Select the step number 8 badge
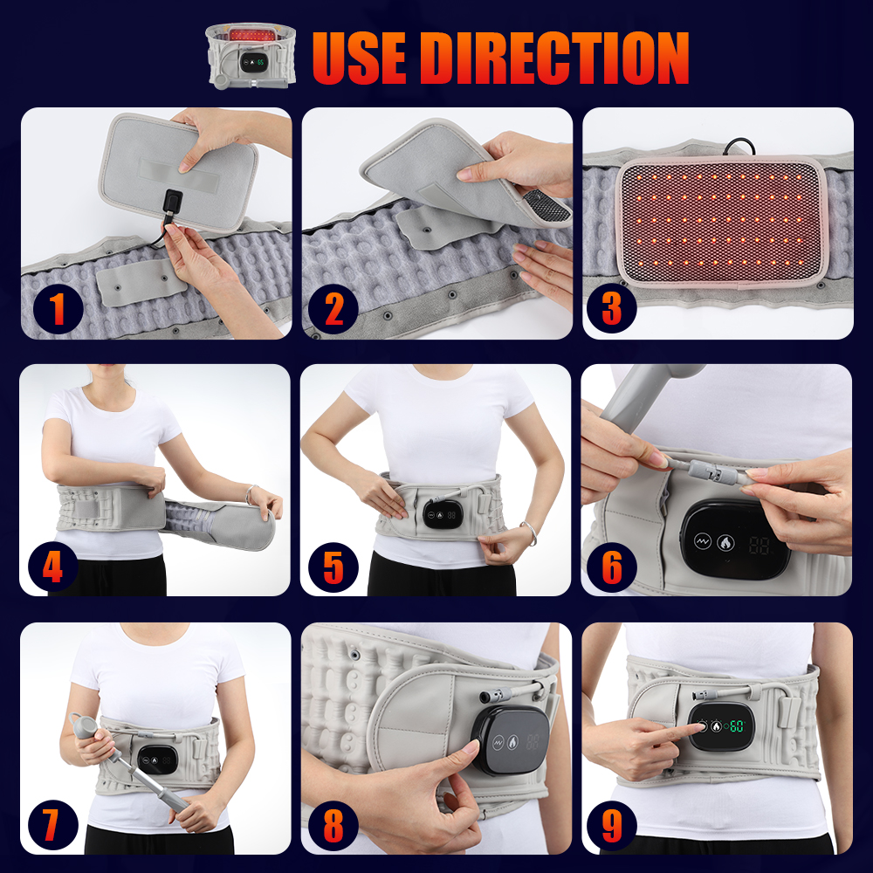point(333,823)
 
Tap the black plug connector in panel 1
point(174,204)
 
